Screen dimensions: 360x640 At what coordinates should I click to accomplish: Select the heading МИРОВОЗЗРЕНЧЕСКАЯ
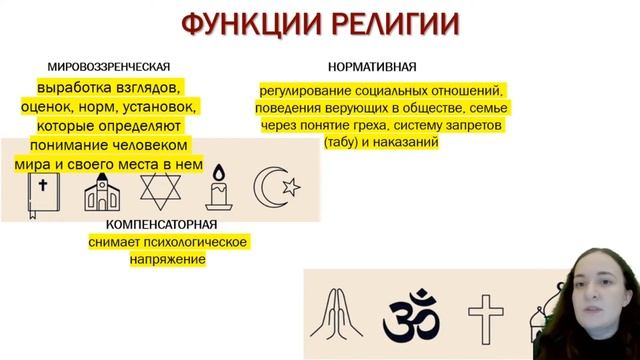(109, 68)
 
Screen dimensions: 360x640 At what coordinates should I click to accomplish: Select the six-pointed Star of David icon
(160, 190)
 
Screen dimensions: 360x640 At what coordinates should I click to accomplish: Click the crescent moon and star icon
(276, 188)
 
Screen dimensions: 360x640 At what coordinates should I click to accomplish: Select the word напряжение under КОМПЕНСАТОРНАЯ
(167, 259)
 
